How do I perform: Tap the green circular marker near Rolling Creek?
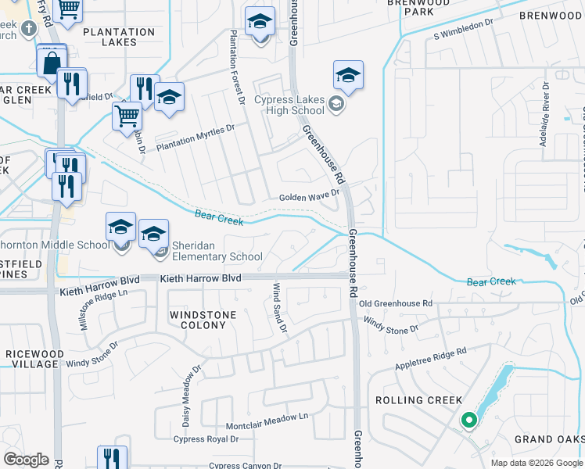tap(468, 421)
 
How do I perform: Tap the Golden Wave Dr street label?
tap(310, 198)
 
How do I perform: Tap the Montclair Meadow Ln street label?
tap(267, 422)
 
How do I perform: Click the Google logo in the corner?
tap(26, 460)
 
